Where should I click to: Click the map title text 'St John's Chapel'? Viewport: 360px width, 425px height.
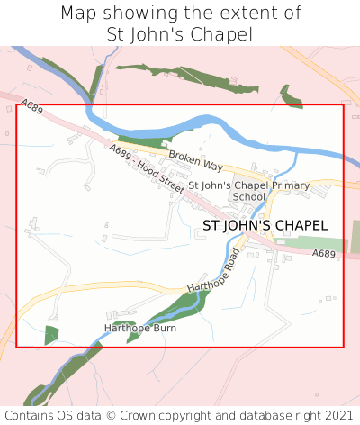tap(180, 34)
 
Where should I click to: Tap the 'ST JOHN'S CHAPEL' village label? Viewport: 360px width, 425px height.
tap(265, 226)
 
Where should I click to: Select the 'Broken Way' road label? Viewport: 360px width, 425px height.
tap(194, 161)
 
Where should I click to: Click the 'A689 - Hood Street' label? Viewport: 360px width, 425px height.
tap(147, 167)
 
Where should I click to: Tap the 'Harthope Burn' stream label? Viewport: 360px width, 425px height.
tap(140, 328)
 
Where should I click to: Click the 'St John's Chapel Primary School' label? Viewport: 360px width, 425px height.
tap(249, 191)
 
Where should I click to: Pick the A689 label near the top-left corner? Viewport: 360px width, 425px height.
tap(31, 107)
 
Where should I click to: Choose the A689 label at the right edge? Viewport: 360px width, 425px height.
tap(325, 255)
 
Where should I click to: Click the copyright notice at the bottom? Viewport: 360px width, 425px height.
tap(180, 415)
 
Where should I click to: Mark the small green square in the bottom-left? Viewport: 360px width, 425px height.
tap(51, 335)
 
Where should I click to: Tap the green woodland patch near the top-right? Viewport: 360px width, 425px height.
tap(291, 97)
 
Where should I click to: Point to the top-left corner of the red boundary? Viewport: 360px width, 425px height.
tap(17, 105)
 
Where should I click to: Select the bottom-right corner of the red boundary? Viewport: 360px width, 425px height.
tap(344, 347)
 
